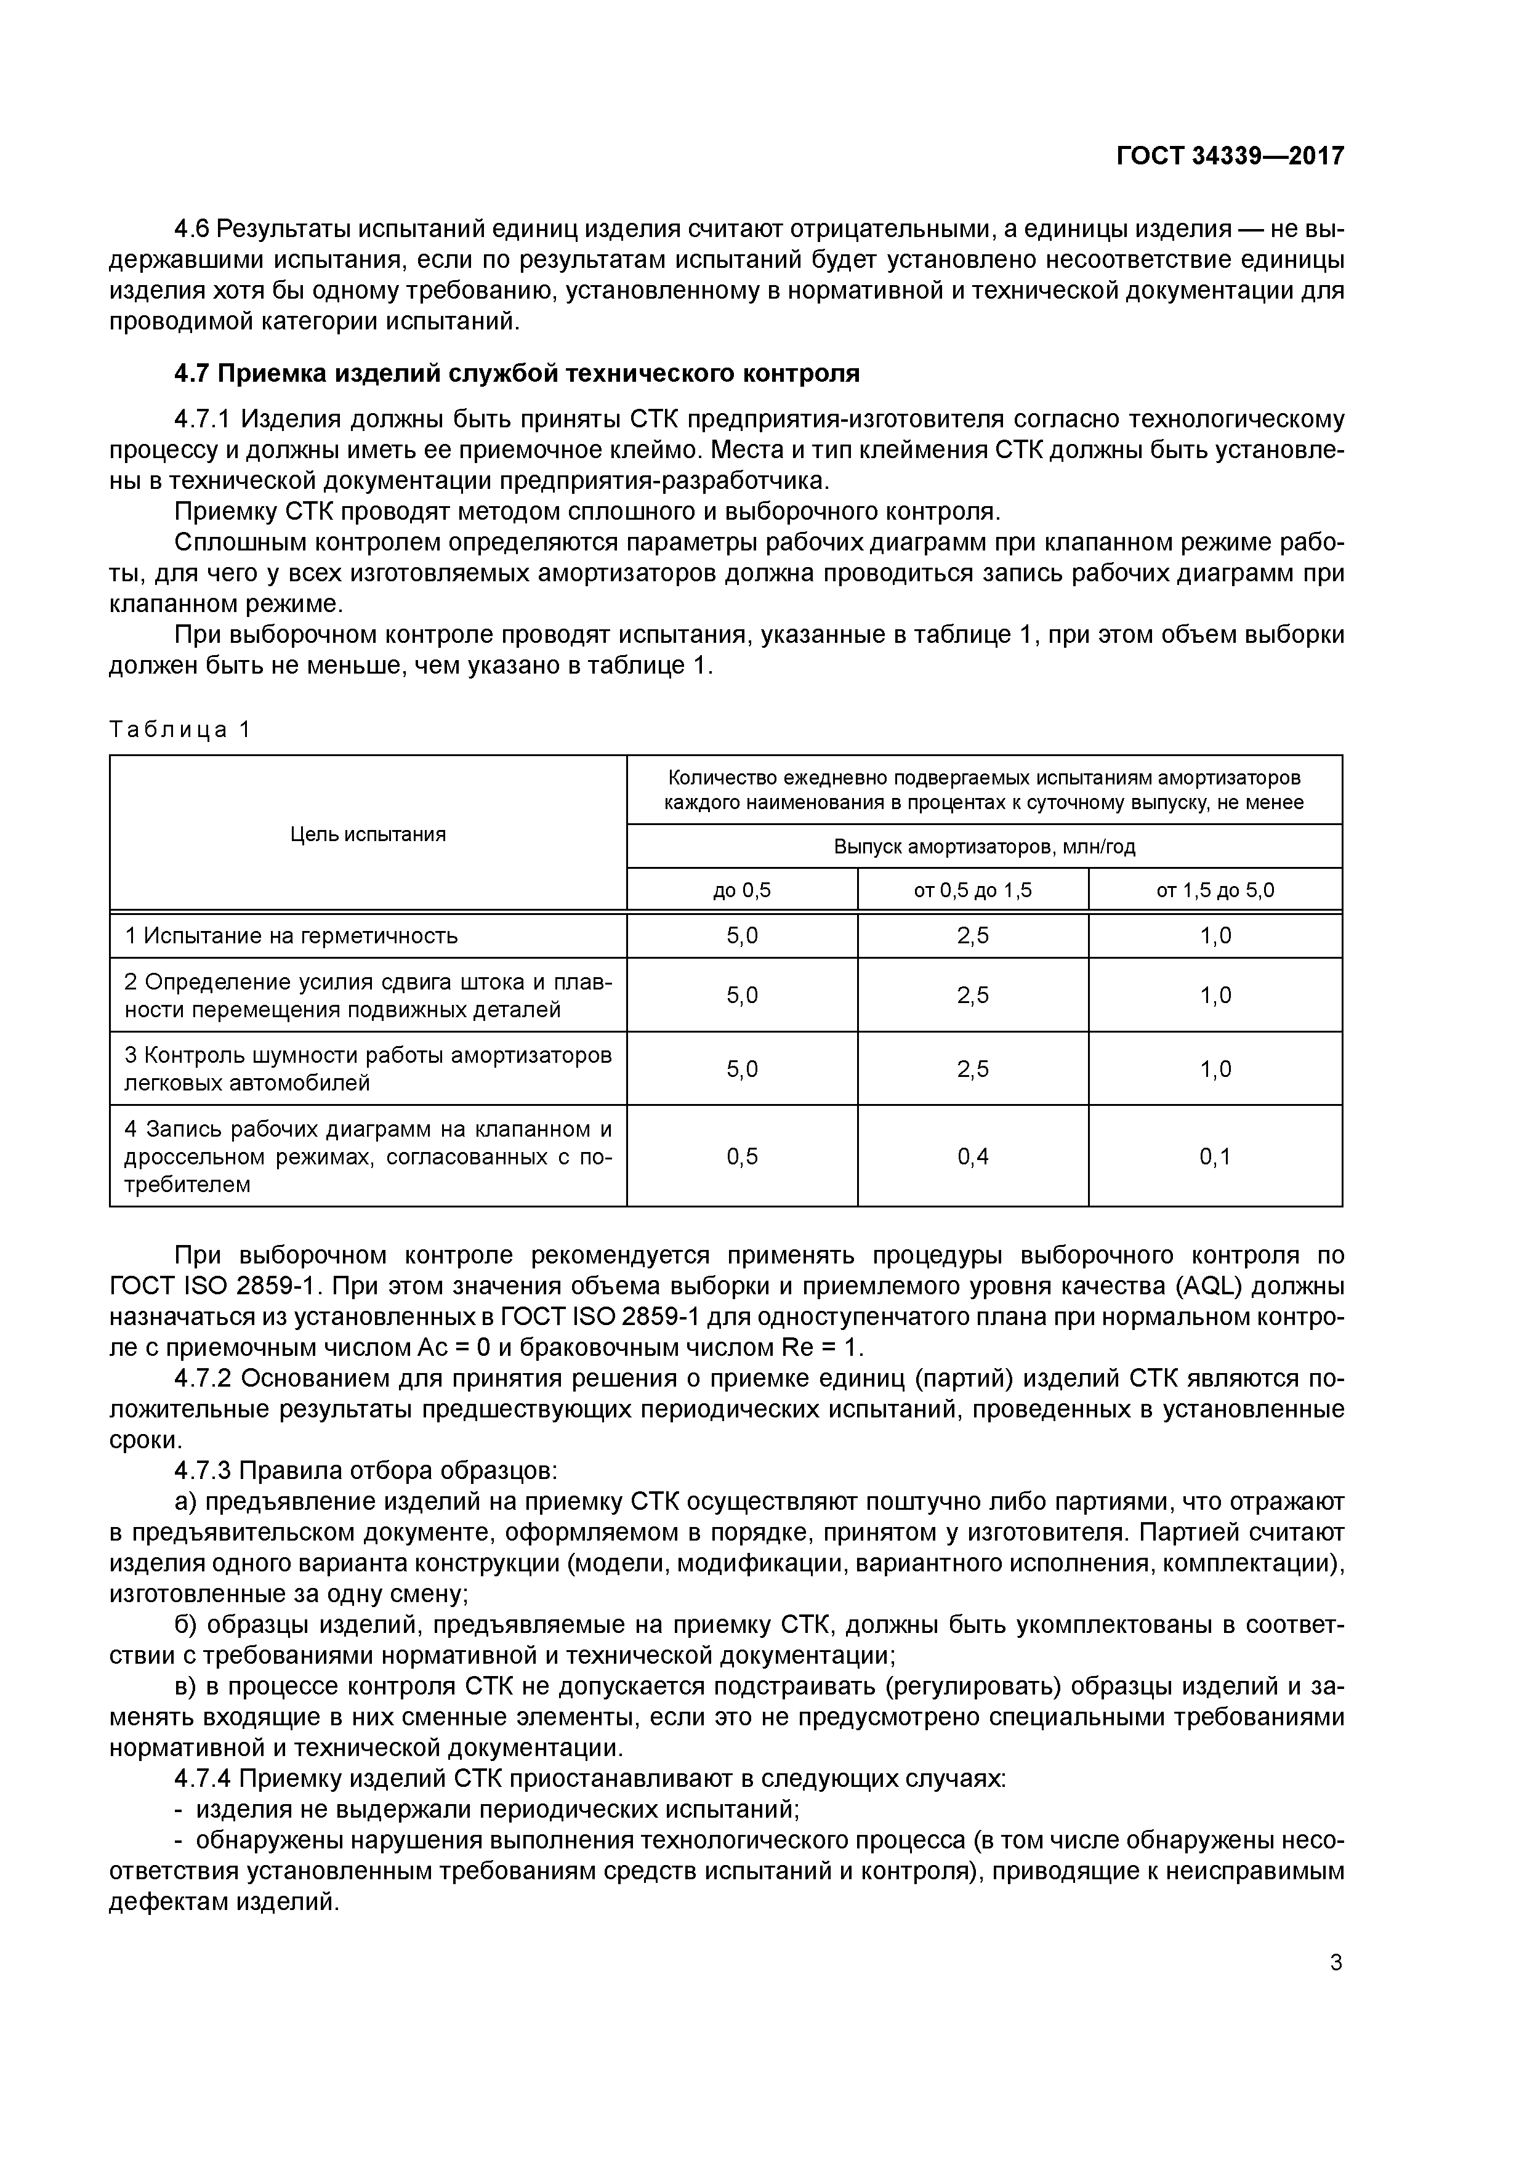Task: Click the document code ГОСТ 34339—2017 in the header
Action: point(1230,155)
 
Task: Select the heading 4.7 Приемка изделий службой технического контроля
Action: point(517,374)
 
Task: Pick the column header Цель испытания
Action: point(368,834)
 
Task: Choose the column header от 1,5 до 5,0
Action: point(1215,890)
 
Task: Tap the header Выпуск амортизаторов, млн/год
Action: point(984,847)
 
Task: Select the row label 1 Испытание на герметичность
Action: point(292,936)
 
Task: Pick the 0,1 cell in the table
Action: point(1215,1156)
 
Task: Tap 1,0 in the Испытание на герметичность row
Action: point(1215,936)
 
